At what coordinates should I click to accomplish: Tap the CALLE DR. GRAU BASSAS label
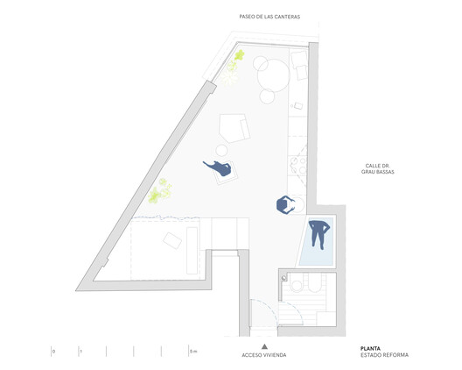coord(380,168)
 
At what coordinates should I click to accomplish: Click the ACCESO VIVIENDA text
coord(263,355)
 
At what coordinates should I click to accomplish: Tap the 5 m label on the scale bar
coord(193,351)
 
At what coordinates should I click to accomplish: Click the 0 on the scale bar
coord(52,351)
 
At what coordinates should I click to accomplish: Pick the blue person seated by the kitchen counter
coord(285,205)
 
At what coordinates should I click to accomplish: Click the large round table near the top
coord(273,75)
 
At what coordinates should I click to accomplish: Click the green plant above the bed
coord(158,191)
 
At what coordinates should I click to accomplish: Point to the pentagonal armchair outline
coord(234,127)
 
